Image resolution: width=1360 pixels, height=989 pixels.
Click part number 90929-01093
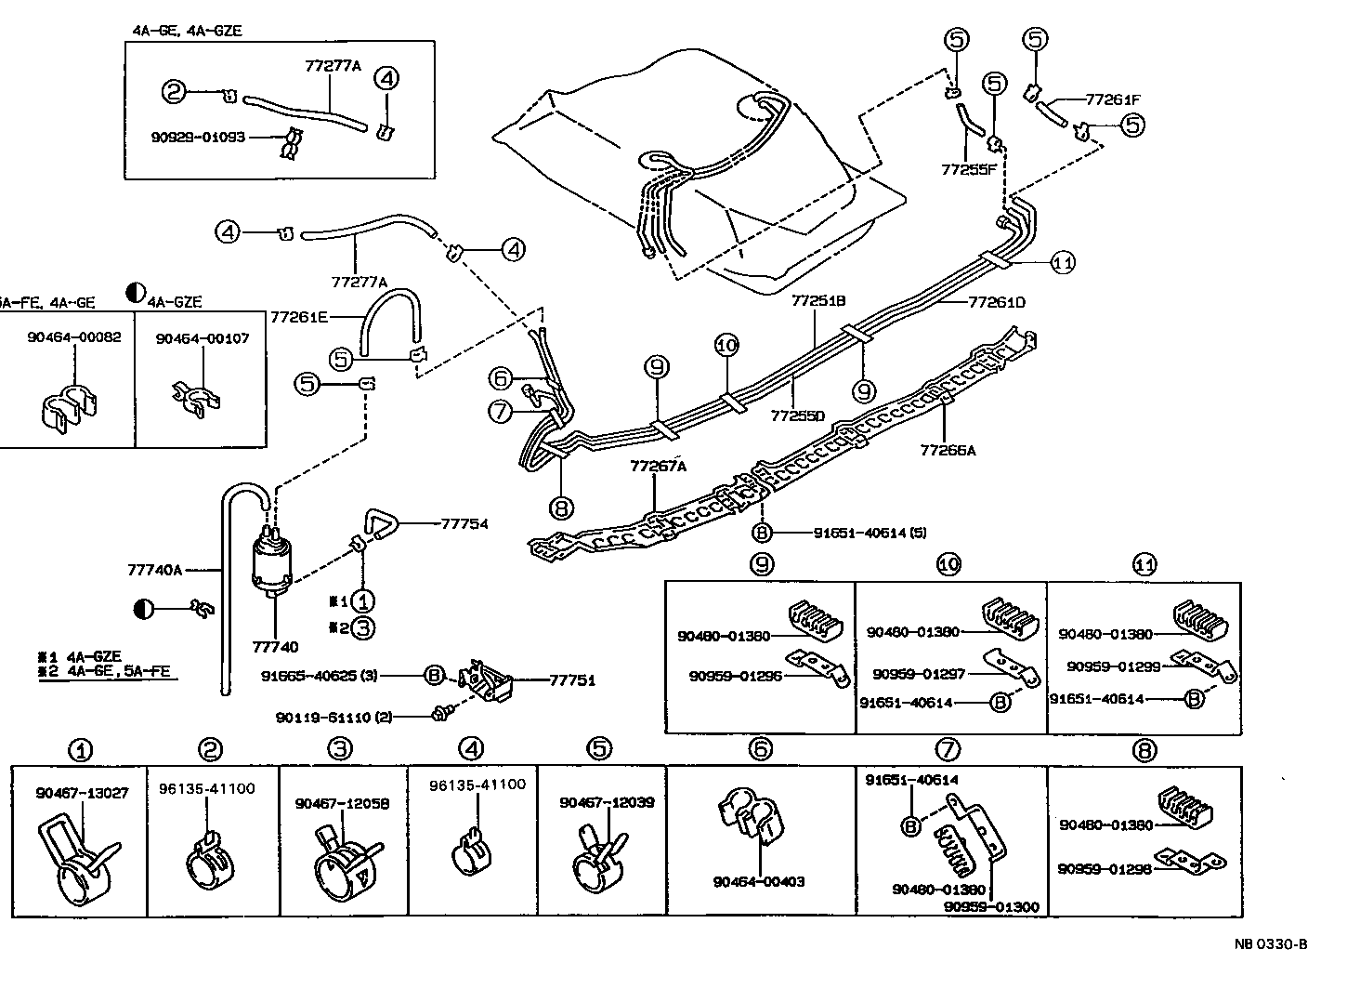click(x=198, y=137)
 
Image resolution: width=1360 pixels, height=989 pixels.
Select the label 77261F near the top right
click(x=1113, y=98)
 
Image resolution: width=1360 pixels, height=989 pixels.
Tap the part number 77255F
click(x=969, y=170)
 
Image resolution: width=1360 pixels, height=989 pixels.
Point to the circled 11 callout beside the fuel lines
click(x=1063, y=263)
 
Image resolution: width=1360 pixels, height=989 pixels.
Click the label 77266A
click(x=948, y=450)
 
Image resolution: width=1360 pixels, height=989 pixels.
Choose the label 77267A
click(x=658, y=466)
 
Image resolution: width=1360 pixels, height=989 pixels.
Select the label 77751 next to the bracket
click(x=571, y=680)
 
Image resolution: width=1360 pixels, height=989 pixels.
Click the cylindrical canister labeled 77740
click(x=273, y=562)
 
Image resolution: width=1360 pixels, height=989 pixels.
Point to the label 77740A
click(x=155, y=568)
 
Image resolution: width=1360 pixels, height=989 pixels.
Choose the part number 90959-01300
click(x=991, y=906)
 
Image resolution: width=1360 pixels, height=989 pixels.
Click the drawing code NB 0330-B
click(x=1271, y=944)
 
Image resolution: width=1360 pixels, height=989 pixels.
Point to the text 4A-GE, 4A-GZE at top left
click(x=187, y=30)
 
